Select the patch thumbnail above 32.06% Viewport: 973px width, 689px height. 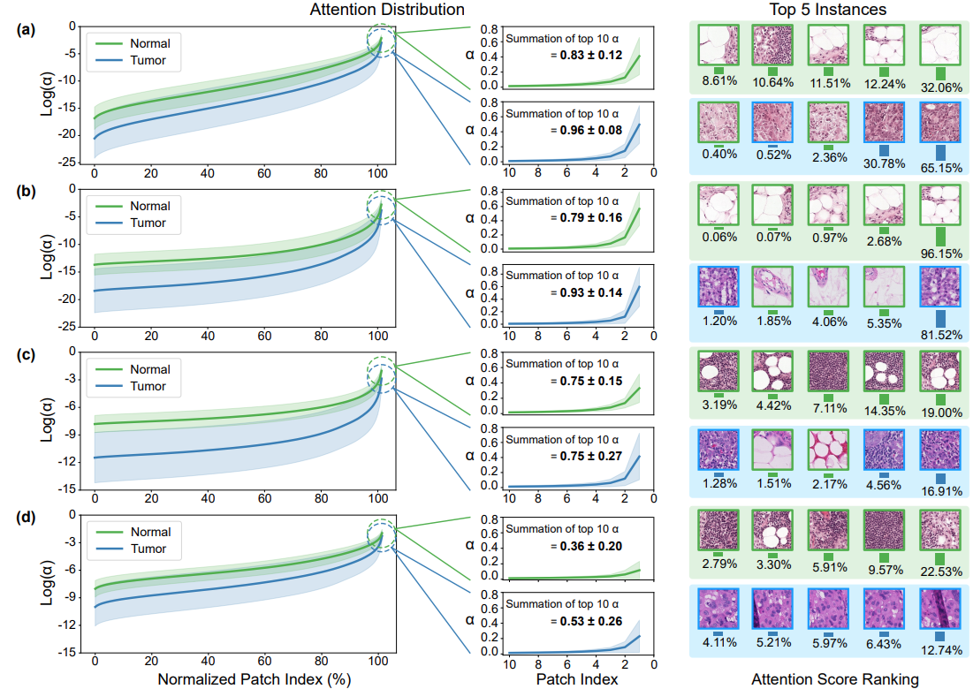(x=939, y=42)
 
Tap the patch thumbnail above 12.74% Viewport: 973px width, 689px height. (x=939, y=610)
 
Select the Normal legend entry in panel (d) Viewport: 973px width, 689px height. (x=148, y=532)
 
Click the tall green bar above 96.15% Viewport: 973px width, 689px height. (x=939, y=237)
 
